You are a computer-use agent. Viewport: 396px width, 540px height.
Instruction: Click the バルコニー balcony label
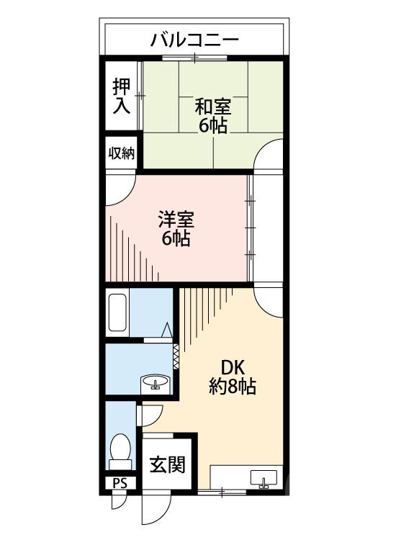click(194, 40)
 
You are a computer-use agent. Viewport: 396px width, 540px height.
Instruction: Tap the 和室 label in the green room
click(213, 107)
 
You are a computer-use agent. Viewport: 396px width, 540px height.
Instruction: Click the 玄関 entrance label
click(167, 464)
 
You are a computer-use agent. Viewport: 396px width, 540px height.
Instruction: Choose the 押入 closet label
click(121, 96)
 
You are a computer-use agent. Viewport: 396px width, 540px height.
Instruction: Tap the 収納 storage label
click(122, 153)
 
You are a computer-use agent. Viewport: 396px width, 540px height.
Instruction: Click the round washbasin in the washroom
click(154, 383)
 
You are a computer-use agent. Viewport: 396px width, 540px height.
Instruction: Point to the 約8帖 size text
click(233, 386)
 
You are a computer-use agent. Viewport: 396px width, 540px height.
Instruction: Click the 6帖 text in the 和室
click(213, 126)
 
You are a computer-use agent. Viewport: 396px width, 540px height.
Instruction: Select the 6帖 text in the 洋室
click(176, 238)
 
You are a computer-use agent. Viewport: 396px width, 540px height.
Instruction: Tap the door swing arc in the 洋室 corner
click(119, 189)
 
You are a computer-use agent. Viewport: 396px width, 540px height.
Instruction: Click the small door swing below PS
click(117, 501)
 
